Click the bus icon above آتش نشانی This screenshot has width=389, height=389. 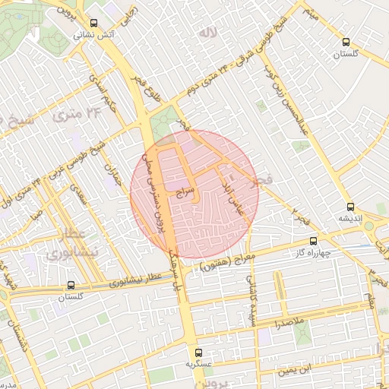93,23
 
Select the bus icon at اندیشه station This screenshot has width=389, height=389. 350,206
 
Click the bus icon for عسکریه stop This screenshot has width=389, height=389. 198,353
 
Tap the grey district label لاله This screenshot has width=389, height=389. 207,33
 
